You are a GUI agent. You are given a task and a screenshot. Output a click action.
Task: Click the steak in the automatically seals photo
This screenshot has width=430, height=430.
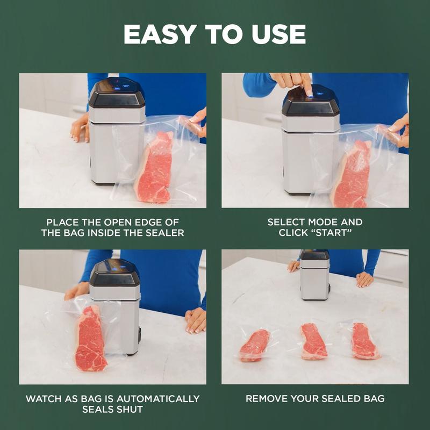click(x=90, y=339)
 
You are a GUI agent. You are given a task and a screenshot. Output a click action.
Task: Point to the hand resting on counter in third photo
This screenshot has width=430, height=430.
click(x=196, y=320)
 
